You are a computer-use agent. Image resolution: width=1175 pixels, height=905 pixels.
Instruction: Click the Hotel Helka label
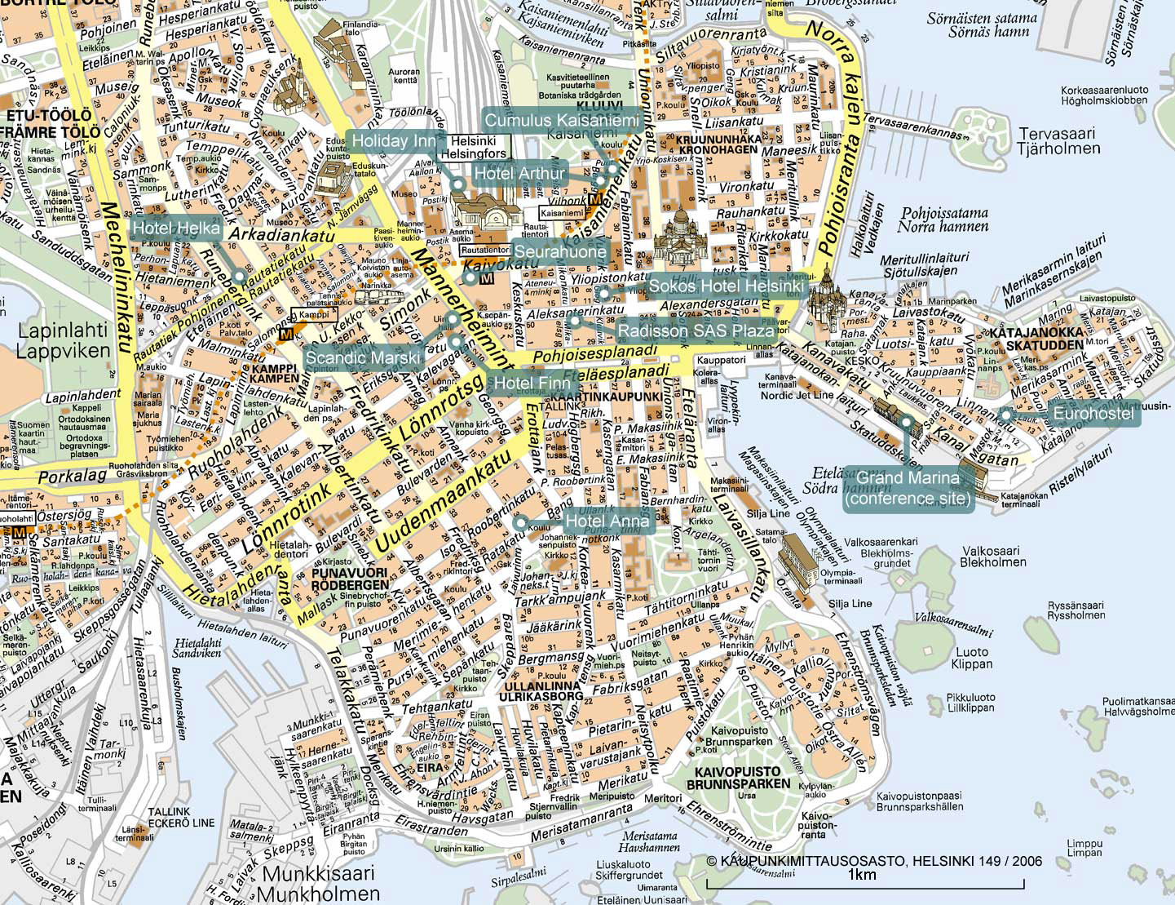pos(175,228)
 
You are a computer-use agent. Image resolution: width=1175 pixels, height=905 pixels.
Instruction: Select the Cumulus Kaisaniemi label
pos(561,120)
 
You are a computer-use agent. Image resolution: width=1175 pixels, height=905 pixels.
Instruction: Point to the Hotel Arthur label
pos(519,173)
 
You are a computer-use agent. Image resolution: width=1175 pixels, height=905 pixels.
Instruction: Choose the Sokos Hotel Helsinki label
pos(726,286)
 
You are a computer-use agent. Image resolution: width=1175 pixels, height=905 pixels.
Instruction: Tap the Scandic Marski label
pos(363,357)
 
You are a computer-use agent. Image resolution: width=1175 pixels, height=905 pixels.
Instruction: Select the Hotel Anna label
pos(607,521)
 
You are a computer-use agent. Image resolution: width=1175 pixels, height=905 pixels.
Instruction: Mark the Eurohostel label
pos(1093,415)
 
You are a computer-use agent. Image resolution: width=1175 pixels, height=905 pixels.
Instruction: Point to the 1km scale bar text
pos(861,875)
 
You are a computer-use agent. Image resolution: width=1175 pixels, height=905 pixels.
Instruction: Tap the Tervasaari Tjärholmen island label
pos(1058,140)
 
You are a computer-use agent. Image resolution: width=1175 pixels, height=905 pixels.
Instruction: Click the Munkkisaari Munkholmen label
pos(321,883)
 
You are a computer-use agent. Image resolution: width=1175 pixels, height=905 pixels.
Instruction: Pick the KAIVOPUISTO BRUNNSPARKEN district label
pos(738,777)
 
